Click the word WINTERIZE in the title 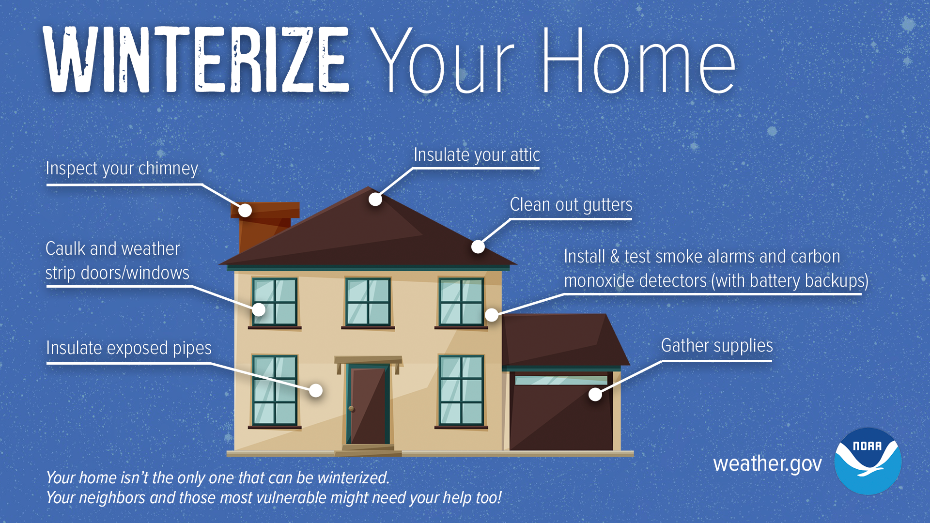(x=196, y=61)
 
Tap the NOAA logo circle (x=868, y=461)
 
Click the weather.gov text (x=767, y=464)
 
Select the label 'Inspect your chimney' (x=122, y=169)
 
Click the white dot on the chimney (x=245, y=210)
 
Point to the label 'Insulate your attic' (x=477, y=155)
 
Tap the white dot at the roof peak (x=375, y=199)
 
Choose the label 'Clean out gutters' (x=571, y=205)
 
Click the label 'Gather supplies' (x=717, y=346)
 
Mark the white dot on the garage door (x=595, y=394)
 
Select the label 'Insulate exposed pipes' (x=129, y=348)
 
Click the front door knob (x=352, y=409)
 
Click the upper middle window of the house (x=368, y=302)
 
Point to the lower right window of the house (x=461, y=390)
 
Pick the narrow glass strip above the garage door (x=561, y=380)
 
